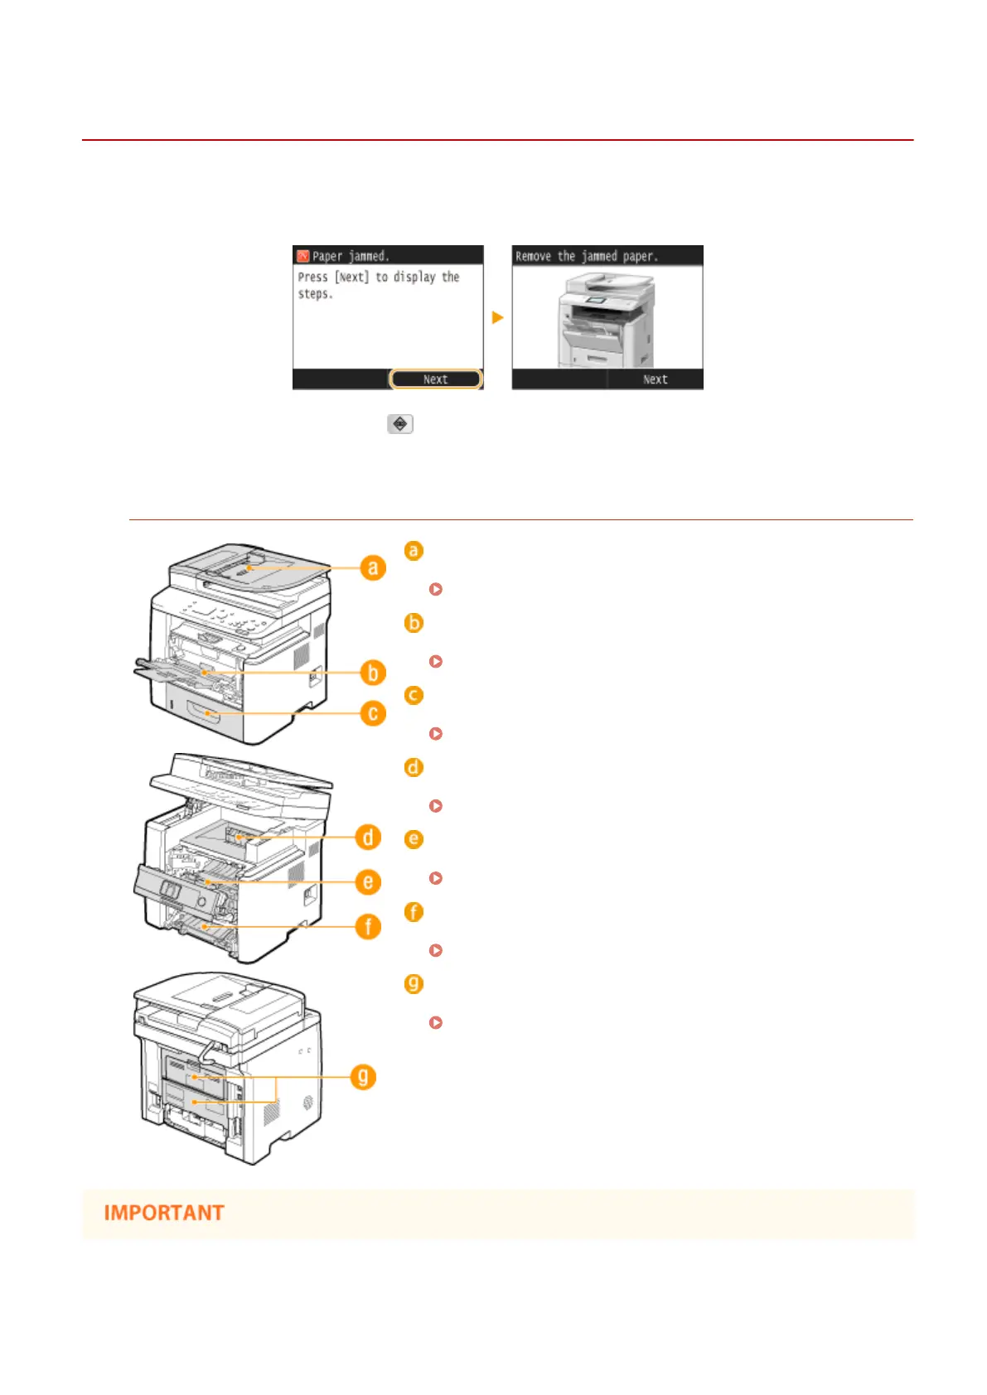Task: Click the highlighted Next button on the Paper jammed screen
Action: (435, 379)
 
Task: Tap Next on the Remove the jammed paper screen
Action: (655, 379)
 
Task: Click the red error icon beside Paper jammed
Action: (303, 256)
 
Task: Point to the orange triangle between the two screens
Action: (497, 317)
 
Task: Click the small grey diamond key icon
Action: (400, 424)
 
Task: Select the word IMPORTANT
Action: (164, 1213)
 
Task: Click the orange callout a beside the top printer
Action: (373, 567)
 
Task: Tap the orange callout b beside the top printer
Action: (373, 673)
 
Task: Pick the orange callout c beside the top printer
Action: (373, 713)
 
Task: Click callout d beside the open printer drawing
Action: (368, 837)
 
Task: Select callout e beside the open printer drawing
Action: (368, 882)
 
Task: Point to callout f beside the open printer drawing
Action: (368, 926)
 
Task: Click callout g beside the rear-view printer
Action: (363, 1077)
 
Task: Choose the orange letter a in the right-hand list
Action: (414, 551)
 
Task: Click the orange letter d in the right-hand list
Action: (414, 768)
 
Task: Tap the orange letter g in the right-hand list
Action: (414, 984)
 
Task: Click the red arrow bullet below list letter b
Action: (436, 662)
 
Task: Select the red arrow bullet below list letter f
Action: (436, 950)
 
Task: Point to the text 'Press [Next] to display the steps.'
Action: (378, 285)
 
